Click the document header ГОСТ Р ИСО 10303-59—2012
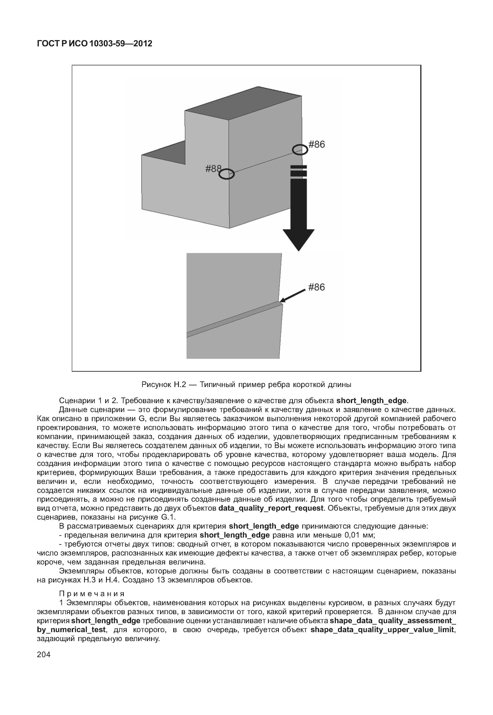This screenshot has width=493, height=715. click(95, 44)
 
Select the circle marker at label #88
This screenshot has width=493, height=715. click(227, 174)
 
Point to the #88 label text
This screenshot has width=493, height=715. click(213, 168)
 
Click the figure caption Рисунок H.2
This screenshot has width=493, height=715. click(246, 385)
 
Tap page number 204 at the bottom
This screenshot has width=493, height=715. click(44, 654)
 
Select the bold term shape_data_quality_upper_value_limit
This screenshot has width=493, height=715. click(382, 630)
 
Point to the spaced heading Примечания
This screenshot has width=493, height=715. click(92, 594)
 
